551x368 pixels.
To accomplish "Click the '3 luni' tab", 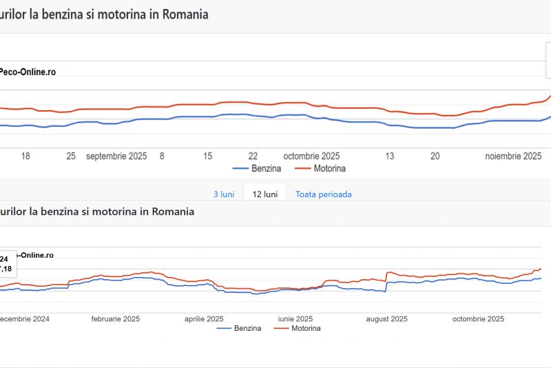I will (224, 194).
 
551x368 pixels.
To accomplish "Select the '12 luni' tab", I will (265, 194).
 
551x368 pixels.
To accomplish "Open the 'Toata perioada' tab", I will (324, 194).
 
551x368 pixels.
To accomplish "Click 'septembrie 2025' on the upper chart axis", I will (116, 156).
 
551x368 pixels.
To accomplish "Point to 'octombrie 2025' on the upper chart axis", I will (311, 156).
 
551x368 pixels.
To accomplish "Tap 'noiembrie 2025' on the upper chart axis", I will (513, 156).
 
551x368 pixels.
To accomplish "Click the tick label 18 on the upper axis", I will (25, 156).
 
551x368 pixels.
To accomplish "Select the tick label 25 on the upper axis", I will (71, 156).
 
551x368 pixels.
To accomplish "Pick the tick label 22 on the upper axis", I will (253, 156).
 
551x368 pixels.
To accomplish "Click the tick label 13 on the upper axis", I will (390, 156).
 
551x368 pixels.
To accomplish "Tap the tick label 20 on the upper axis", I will (435, 156).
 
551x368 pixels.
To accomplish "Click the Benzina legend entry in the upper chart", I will (258, 168).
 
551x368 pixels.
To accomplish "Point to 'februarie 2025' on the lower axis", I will (116, 319).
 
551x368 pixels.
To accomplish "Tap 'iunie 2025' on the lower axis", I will (295, 319).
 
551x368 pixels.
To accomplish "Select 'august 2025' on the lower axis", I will (386, 319).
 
